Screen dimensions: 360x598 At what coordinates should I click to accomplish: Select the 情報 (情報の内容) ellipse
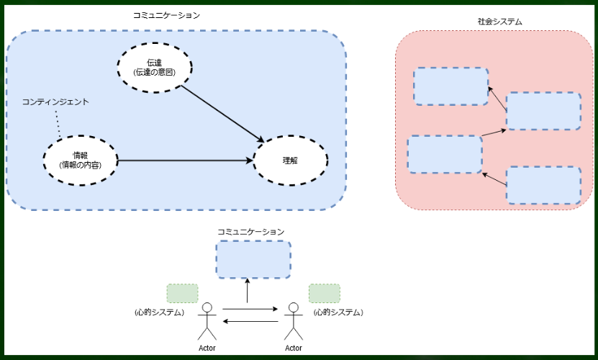[x=80, y=160]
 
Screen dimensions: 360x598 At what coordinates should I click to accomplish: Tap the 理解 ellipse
[x=290, y=160]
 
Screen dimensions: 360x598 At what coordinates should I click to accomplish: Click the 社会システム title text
[x=499, y=22]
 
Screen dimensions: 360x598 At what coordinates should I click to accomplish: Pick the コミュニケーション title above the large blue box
[x=166, y=14]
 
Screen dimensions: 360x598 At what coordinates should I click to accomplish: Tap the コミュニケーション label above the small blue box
[x=251, y=232]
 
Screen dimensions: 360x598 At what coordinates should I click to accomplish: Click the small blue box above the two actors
[x=253, y=259]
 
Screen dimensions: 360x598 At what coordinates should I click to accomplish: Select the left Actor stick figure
[x=207, y=321]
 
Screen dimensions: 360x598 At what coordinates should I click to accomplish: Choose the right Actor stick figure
[x=293, y=321]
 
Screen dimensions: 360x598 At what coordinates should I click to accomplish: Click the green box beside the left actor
[x=182, y=293]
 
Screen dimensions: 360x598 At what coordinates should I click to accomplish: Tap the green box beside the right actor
[x=325, y=293]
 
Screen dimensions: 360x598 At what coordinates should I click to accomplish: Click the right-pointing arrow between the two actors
[x=250, y=310]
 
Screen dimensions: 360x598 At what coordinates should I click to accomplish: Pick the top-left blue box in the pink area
[x=450, y=86]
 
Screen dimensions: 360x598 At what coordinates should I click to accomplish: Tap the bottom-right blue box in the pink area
[x=543, y=185]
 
